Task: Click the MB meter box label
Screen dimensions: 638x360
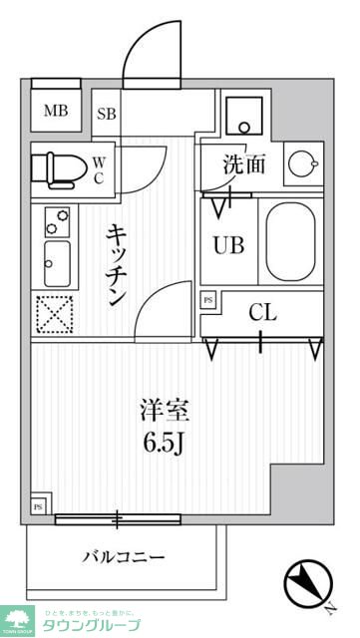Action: [x=56, y=111]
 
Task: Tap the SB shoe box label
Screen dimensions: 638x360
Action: [x=107, y=113]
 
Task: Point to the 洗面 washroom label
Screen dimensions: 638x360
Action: [x=243, y=163]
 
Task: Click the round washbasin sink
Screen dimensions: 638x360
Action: [x=300, y=162]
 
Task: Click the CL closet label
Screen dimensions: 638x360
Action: [x=261, y=313]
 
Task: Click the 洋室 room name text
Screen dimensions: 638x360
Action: [x=164, y=410]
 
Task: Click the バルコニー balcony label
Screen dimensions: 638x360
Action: [x=124, y=556]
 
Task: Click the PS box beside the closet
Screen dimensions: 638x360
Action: [x=207, y=300]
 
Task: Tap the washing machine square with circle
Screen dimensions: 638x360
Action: [x=240, y=118]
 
